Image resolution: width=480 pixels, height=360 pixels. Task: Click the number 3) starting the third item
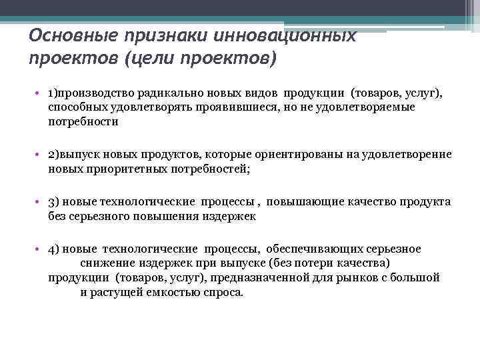point(54,202)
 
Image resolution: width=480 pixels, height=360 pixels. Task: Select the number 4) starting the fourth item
point(54,249)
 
